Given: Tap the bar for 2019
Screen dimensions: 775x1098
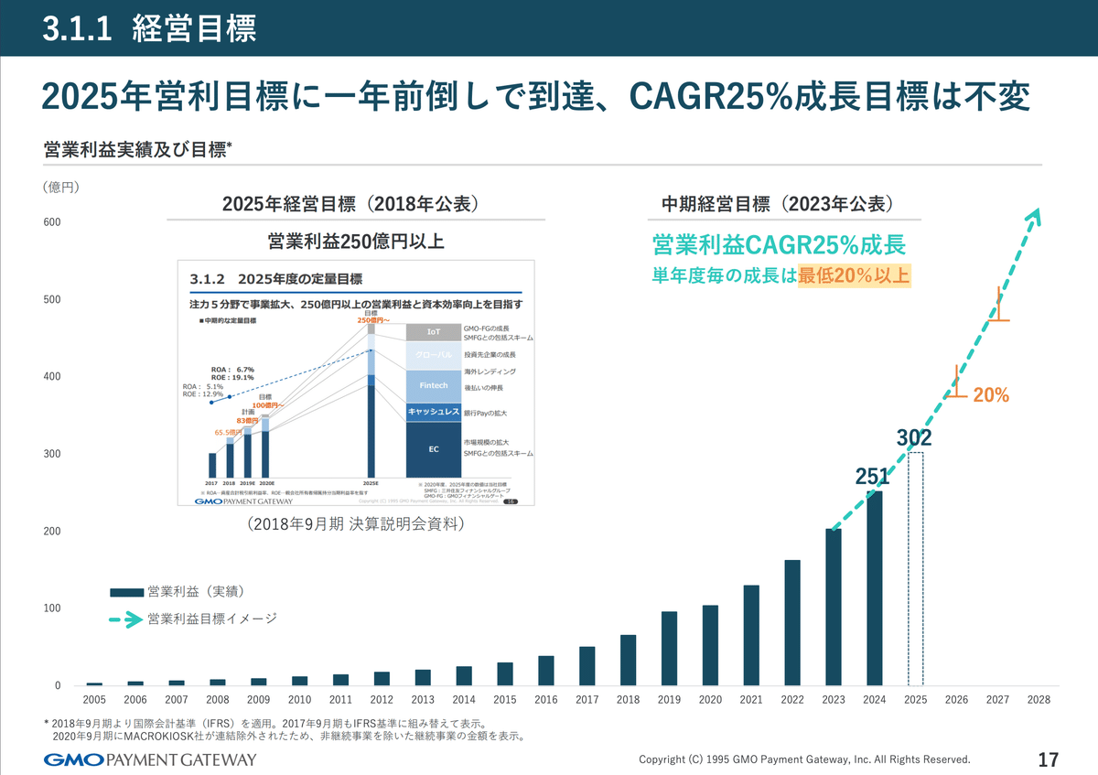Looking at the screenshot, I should [x=669, y=649].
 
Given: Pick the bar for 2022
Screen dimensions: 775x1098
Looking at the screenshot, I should [x=792, y=623].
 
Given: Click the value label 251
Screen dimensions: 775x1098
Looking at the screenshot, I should [x=872, y=477].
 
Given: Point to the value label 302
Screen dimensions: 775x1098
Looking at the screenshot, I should [x=914, y=438].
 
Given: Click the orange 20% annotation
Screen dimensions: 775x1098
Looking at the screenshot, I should [x=991, y=395].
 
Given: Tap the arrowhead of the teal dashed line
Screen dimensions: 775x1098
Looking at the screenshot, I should [x=1034, y=216].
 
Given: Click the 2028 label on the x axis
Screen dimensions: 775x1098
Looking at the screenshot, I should [x=1039, y=699].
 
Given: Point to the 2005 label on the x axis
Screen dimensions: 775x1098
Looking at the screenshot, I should [x=94, y=699].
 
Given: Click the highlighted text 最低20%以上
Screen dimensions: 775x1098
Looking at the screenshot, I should [x=854, y=275].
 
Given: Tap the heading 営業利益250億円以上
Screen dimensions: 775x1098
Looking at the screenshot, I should [x=356, y=242].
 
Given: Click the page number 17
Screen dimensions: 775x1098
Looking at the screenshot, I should [x=1049, y=759].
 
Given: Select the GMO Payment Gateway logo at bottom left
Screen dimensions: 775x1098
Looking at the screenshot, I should [x=150, y=759].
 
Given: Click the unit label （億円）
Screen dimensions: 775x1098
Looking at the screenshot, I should [x=61, y=188].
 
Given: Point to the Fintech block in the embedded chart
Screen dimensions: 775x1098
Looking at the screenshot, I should [x=434, y=386].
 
